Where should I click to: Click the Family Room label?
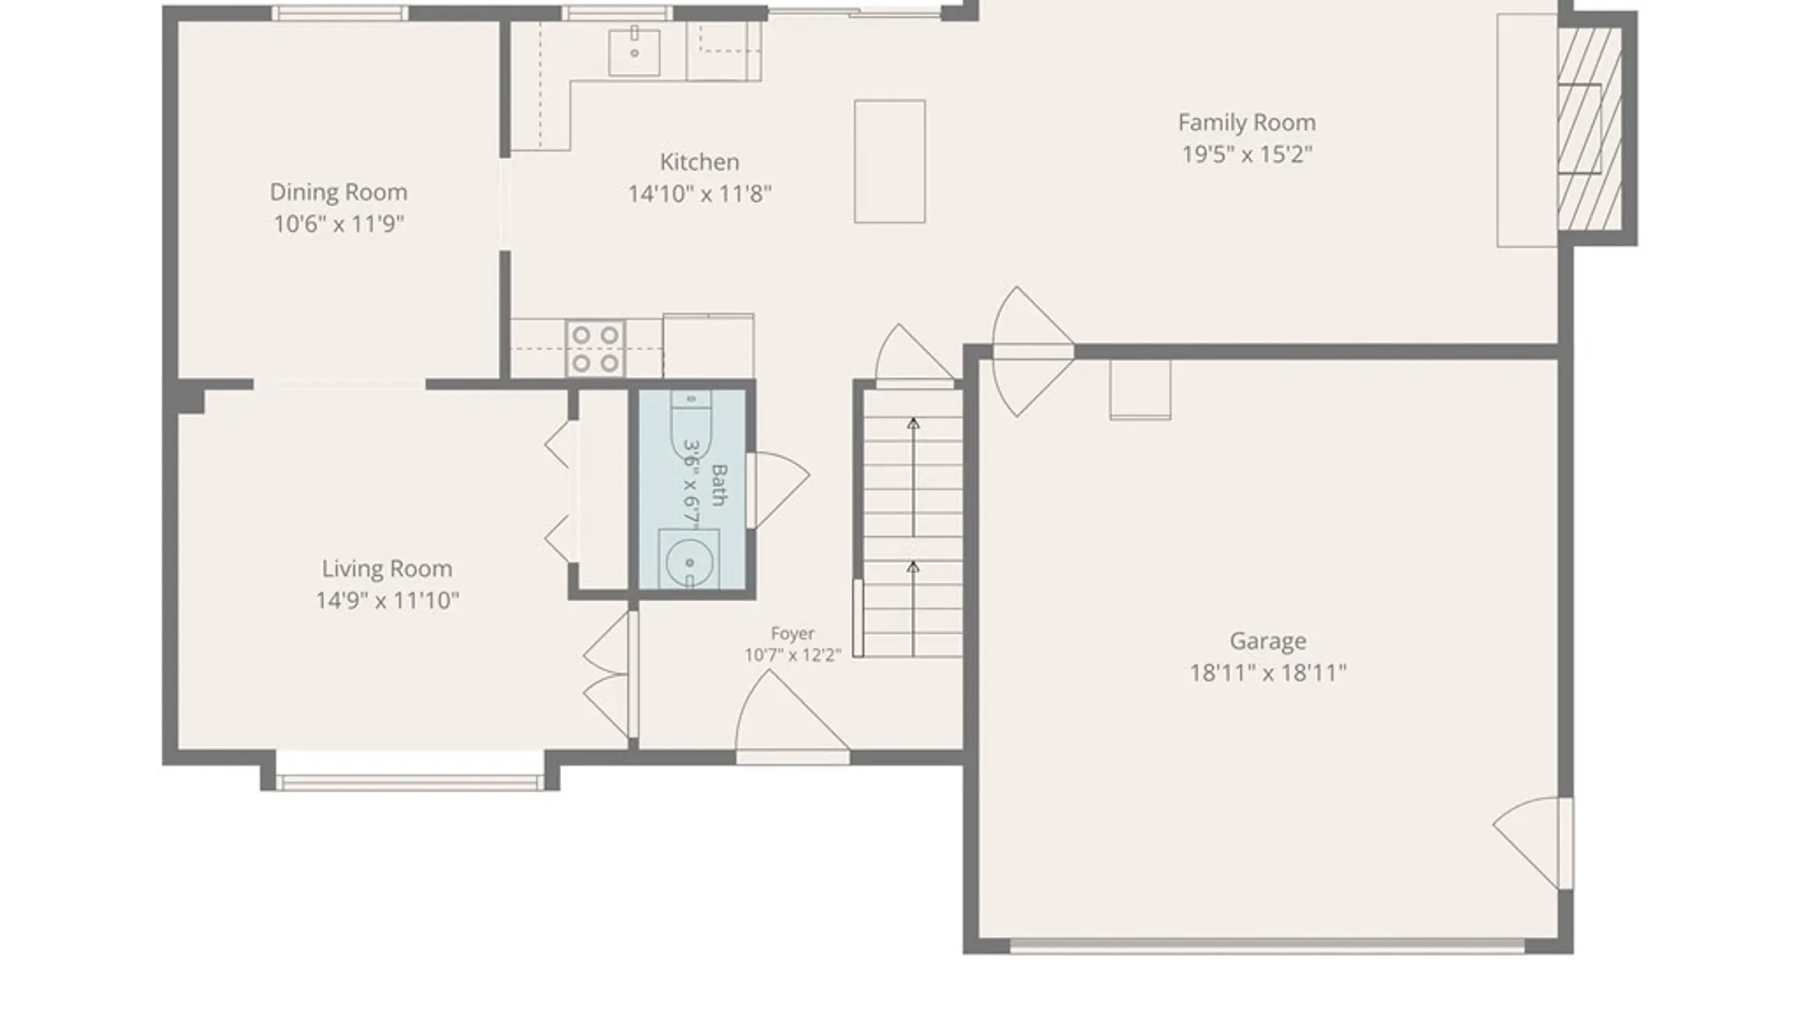(x=1246, y=123)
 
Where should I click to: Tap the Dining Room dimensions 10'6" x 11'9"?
(x=338, y=224)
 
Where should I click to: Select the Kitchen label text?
(x=700, y=162)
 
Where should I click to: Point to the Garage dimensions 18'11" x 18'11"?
(x=1268, y=672)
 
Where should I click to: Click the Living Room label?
(x=387, y=568)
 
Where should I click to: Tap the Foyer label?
(x=792, y=634)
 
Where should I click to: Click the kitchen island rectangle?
(x=890, y=161)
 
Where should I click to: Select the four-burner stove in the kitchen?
(x=596, y=348)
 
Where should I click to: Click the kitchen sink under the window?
(x=634, y=51)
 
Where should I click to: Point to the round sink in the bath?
(x=689, y=562)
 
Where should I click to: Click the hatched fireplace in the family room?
(x=1590, y=128)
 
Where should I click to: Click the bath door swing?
(x=778, y=491)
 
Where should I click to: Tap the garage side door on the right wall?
(x=1533, y=842)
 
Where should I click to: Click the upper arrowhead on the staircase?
(x=913, y=424)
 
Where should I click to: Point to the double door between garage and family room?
(x=1034, y=351)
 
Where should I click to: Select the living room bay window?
(x=410, y=782)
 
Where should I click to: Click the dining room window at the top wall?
(x=340, y=13)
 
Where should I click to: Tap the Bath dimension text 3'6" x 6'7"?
(x=692, y=484)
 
